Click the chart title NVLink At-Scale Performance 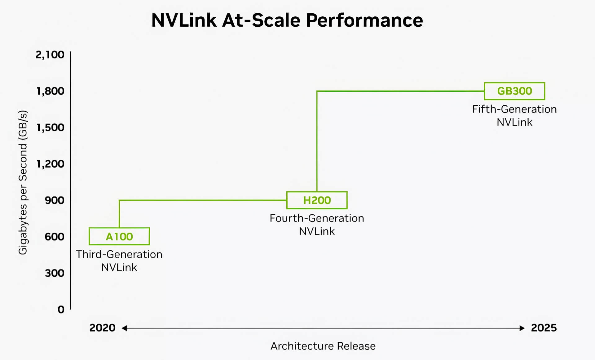coord(287,20)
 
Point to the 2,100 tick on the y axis coord(50,55)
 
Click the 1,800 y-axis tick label coord(50,91)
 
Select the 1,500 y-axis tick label coord(50,127)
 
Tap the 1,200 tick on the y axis coord(50,164)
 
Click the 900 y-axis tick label coord(55,200)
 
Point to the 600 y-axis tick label coord(55,237)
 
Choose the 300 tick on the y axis coord(55,273)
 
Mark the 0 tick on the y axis coord(61,310)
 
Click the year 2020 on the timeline coord(102,328)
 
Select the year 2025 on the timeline coord(544,328)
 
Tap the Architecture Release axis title coord(323,346)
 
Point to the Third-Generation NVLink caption coord(119,261)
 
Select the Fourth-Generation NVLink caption coord(317,225)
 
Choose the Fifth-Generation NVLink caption coord(514,116)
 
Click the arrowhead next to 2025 coord(522,328)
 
